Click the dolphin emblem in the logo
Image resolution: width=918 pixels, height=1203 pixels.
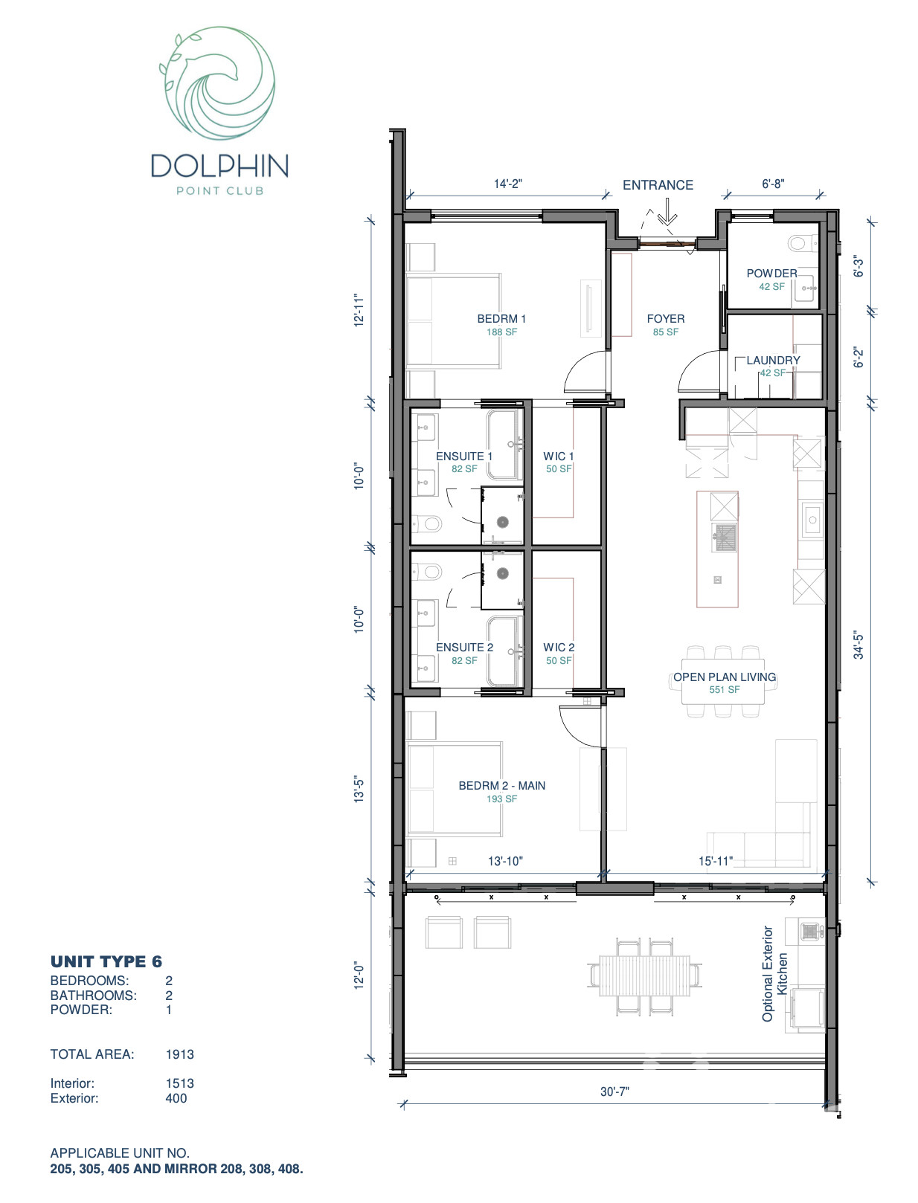[218, 83]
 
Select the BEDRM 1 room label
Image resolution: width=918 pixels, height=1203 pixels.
[501, 319]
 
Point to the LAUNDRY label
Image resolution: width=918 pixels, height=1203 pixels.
[773, 361]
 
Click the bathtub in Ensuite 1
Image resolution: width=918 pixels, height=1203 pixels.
[504, 444]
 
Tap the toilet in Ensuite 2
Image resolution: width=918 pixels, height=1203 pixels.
[428, 573]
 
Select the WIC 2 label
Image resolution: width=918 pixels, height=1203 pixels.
[559, 648]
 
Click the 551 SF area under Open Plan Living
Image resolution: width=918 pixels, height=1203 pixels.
[724, 690]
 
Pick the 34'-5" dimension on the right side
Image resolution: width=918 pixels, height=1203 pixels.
[859, 645]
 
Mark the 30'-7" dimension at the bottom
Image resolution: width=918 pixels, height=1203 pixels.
[614, 1091]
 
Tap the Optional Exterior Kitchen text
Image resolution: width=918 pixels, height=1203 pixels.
[774, 973]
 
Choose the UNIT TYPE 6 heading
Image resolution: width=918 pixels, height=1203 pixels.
[106, 961]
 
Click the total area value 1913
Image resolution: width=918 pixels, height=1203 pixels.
[179, 1054]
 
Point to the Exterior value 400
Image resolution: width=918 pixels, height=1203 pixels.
[176, 1098]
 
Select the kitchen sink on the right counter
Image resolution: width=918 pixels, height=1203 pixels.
[812, 520]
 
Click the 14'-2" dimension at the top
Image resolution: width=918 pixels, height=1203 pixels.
[507, 184]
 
